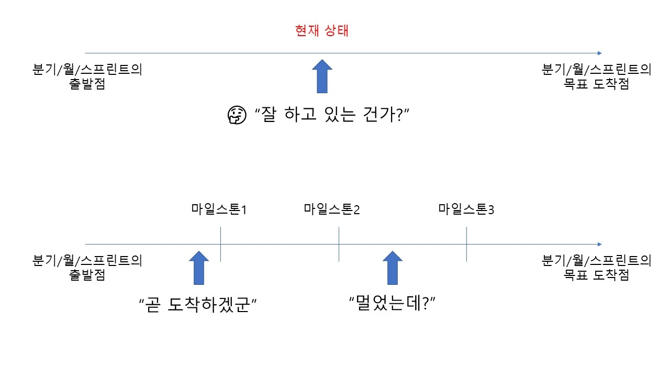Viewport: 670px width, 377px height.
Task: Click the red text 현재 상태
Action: pos(322,31)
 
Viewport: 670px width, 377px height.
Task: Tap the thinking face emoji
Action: pos(236,116)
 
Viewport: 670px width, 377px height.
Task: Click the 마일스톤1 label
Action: pos(219,209)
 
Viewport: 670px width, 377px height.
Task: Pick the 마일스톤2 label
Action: pos(332,209)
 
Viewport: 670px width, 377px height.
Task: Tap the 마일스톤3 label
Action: pos(466,209)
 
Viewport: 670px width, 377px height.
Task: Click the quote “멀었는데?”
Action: pos(393,302)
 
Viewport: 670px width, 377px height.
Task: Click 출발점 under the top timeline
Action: pos(87,84)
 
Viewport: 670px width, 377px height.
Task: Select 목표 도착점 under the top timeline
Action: pos(597,84)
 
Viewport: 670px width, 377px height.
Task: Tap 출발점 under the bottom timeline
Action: pos(87,274)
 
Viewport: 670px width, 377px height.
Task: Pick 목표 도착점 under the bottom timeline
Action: pos(597,274)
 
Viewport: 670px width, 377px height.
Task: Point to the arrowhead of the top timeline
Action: pos(599,53)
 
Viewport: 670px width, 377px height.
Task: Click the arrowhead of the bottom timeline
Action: pos(599,244)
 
